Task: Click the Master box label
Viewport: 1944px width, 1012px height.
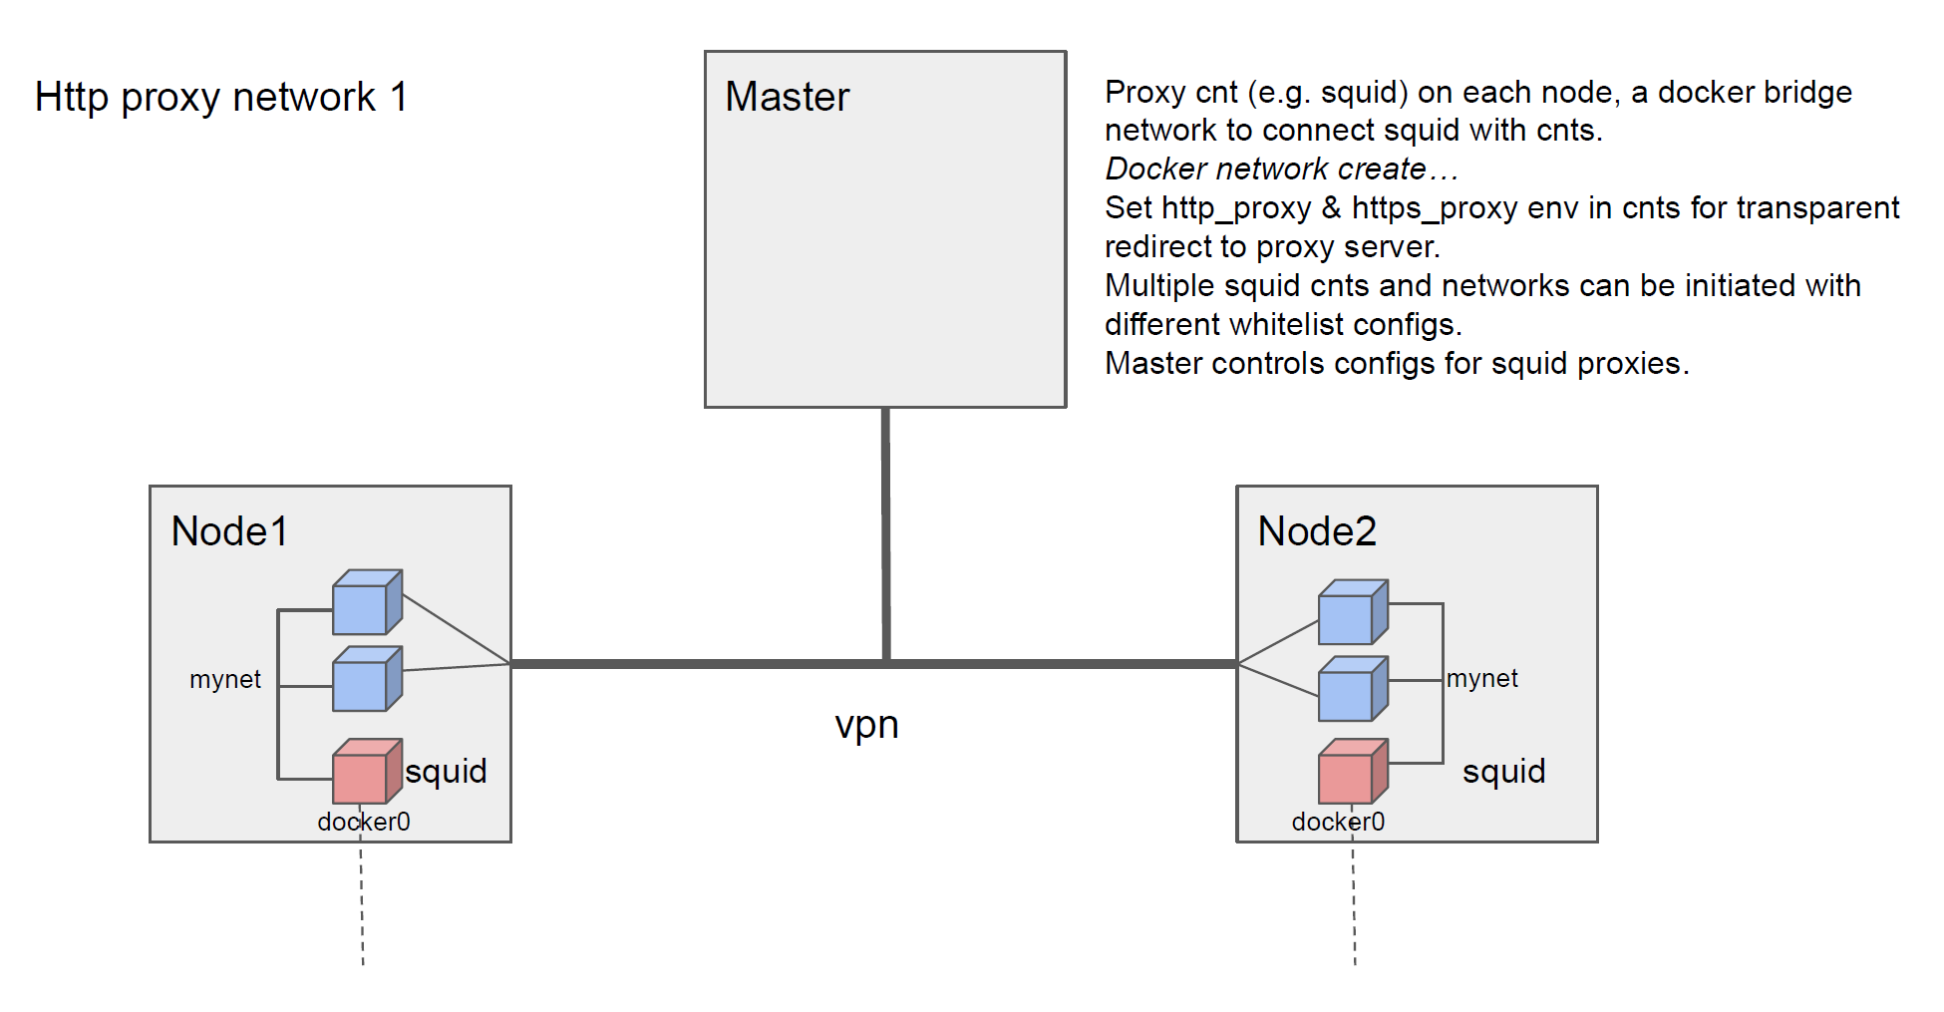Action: pos(787,97)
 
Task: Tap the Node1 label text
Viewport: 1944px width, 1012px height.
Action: pos(229,531)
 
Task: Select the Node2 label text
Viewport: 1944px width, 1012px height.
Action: pos(1316,531)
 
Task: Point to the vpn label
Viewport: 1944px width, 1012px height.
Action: pos(866,725)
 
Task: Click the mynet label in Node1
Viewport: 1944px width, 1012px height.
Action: pos(225,679)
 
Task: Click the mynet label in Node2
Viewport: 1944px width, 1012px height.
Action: pos(1482,678)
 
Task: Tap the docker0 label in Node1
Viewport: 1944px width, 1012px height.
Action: pos(364,822)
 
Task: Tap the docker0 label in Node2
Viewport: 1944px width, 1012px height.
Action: pos(1338,822)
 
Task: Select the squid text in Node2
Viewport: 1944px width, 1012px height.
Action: pos(1503,771)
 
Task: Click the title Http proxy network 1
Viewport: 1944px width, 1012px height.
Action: pos(221,97)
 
